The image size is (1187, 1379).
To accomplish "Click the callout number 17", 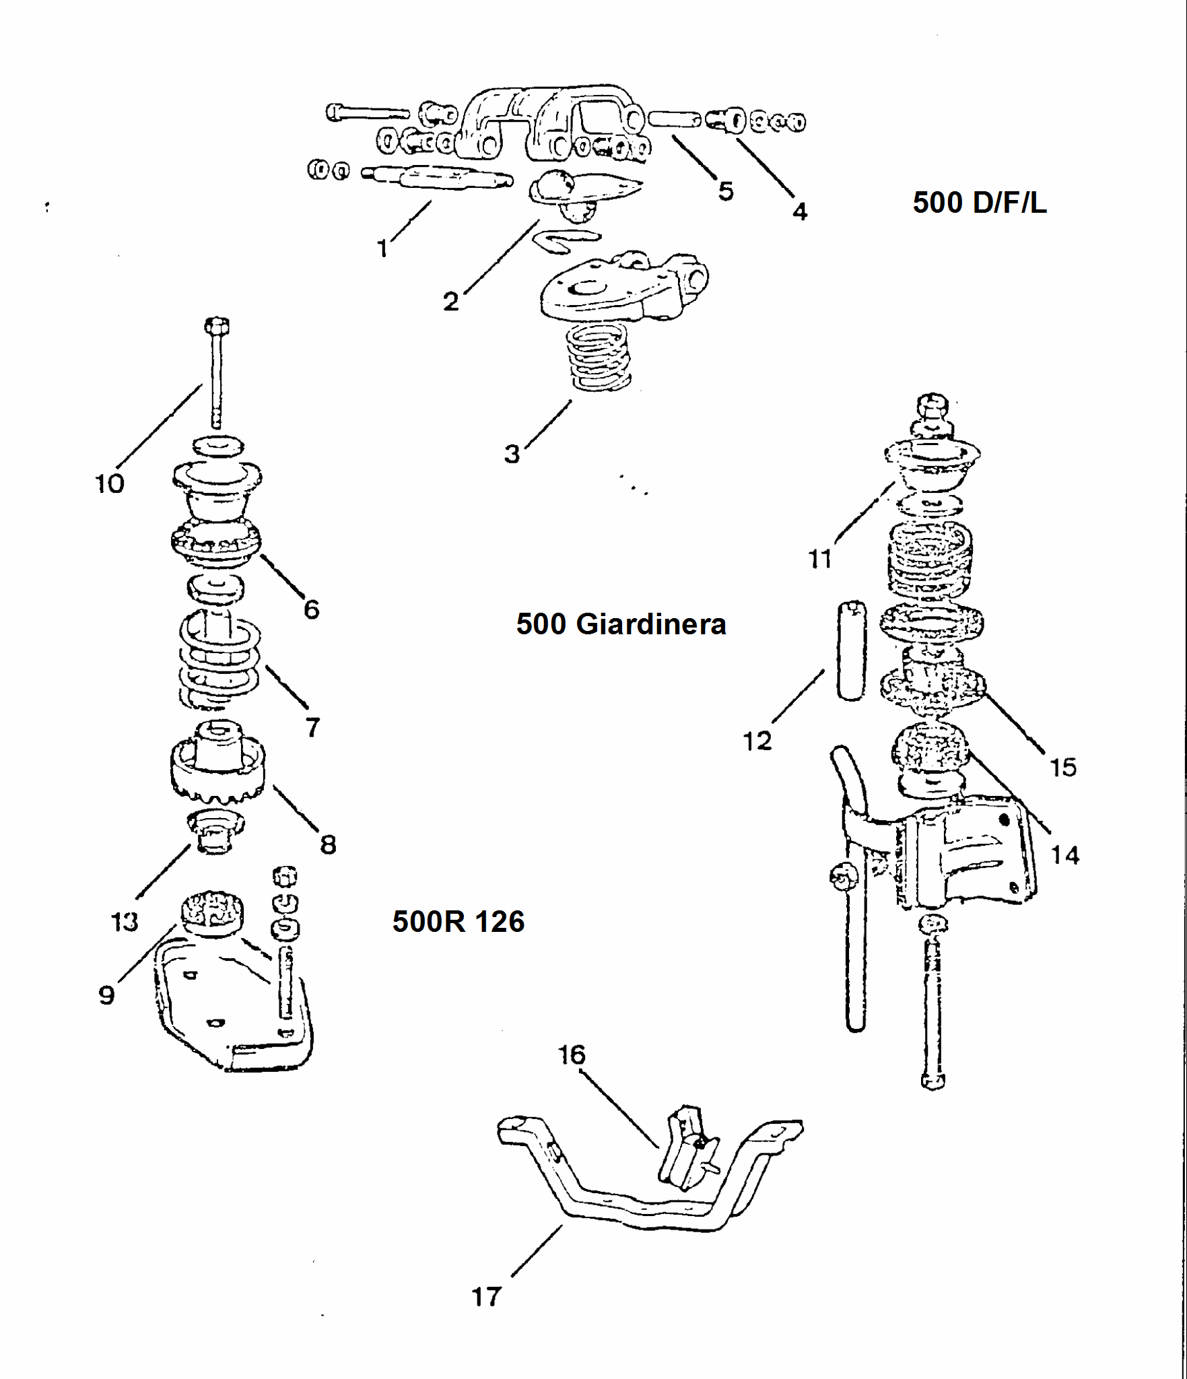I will (486, 1296).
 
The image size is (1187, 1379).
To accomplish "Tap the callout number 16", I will (572, 1054).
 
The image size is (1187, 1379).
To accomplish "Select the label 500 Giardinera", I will (621, 624).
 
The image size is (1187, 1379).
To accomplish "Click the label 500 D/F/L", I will (979, 203).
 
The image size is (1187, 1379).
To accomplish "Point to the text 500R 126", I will (458, 921).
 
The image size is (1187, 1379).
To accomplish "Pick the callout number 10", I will (110, 483).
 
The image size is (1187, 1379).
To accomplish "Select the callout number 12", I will (757, 741).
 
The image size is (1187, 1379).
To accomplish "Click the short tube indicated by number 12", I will (852, 650).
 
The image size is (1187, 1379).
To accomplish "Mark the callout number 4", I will (799, 211).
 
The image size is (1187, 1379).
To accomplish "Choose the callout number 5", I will (725, 191).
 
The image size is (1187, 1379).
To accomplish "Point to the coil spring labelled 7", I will (219, 660).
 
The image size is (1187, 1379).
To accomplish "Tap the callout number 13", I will (125, 921).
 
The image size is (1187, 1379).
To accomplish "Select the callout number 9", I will (106, 995).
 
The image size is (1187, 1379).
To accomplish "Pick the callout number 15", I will (1063, 767).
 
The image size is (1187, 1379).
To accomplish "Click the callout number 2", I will (450, 301).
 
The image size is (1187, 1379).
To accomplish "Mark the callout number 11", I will (820, 559).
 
